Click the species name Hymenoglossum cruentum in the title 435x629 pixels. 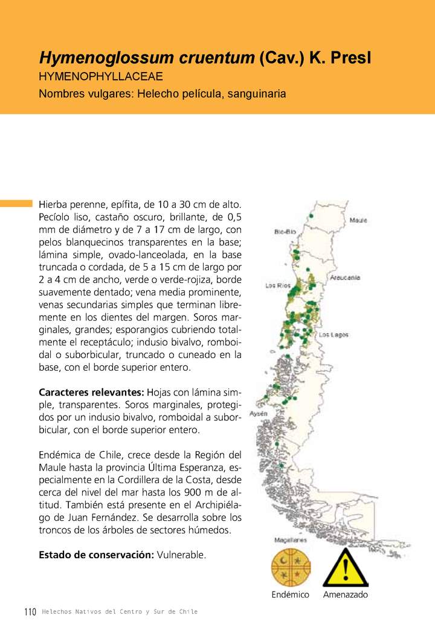[147, 58]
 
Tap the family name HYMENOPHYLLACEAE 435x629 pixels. [101, 77]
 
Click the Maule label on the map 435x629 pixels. [358, 220]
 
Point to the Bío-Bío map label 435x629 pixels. [285, 232]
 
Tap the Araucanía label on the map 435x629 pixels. [345, 278]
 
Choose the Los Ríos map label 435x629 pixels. [278, 285]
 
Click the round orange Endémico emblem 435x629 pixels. [290, 567]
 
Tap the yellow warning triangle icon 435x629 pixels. [345, 568]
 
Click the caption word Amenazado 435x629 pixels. [345, 595]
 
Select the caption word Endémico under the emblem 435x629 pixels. [290, 595]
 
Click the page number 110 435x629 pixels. [30, 611]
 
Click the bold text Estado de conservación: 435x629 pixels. [96, 555]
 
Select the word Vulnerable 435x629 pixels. [181, 555]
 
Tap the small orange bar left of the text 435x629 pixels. [16, 203]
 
